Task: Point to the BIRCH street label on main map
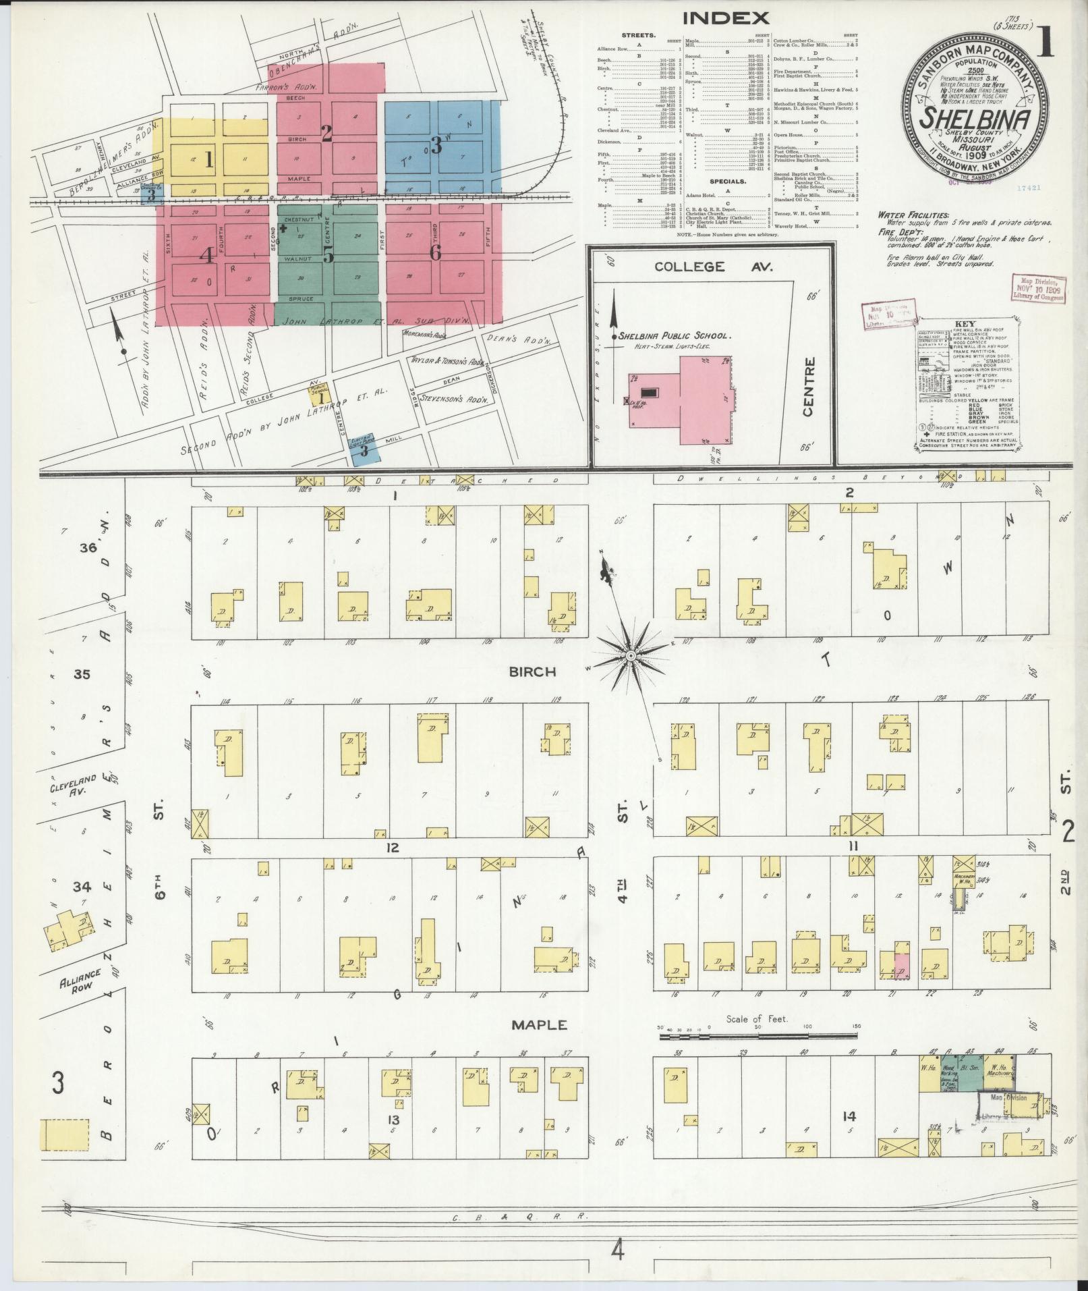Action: point(532,671)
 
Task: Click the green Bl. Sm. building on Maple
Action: point(970,1074)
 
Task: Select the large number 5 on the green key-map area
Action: point(328,254)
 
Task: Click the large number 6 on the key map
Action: point(435,252)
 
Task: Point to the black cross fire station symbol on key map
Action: point(283,228)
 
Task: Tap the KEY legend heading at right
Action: point(965,323)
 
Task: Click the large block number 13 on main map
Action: point(393,1120)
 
